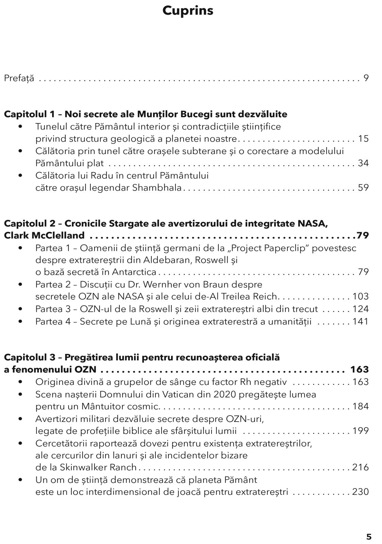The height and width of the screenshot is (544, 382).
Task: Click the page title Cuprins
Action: [x=188, y=11]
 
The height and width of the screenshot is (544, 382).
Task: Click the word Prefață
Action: [x=19, y=79]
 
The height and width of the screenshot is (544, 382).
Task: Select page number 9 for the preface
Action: [x=366, y=78]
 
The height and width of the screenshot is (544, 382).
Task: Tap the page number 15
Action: [x=363, y=139]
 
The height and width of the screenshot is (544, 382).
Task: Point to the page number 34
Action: [x=363, y=163]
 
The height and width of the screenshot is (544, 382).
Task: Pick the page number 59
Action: [x=363, y=188]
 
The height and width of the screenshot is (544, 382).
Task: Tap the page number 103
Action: [x=361, y=296]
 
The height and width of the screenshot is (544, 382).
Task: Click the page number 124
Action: [x=361, y=309]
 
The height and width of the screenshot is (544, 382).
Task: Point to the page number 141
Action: [x=361, y=321]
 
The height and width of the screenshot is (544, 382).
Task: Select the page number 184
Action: [x=361, y=406]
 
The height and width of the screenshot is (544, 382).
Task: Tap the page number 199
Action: [x=361, y=431]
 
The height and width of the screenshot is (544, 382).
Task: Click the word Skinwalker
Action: [x=80, y=468]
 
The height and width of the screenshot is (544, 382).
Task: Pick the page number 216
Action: [x=361, y=468]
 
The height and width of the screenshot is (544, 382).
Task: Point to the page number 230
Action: [x=361, y=492]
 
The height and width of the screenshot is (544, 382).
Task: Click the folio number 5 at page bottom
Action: [x=369, y=537]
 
